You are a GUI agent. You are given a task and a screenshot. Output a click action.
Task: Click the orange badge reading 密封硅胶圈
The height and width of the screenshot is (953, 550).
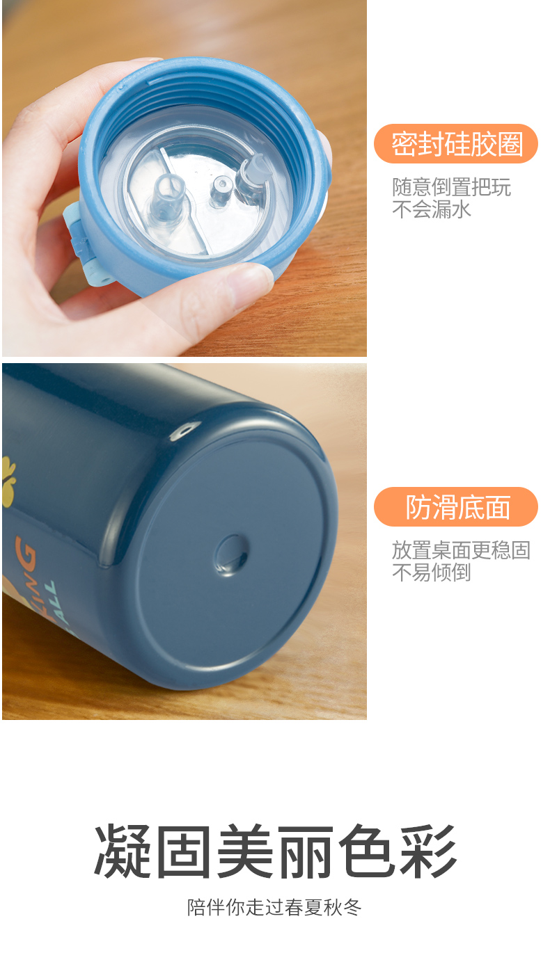point(456,144)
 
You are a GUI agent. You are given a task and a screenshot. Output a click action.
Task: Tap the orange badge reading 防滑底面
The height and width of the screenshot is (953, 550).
point(456,507)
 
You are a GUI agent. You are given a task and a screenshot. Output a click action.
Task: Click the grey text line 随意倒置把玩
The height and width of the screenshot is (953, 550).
point(451,187)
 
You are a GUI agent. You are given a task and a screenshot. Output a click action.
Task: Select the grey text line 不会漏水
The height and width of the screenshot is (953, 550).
point(432,209)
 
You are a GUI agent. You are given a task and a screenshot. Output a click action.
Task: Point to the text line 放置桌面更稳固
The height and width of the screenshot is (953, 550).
point(461,550)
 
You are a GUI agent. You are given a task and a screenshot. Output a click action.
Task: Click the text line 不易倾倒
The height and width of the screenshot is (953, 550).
point(432,572)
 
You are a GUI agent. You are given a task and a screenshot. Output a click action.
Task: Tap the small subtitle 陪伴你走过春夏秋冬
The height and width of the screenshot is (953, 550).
point(275,907)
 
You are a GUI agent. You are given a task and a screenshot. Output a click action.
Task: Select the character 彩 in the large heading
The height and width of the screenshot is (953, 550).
point(428,851)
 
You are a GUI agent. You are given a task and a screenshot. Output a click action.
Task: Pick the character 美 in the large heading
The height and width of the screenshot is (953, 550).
point(244,851)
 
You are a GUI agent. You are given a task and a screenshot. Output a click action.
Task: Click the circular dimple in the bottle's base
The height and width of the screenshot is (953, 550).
point(230,555)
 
